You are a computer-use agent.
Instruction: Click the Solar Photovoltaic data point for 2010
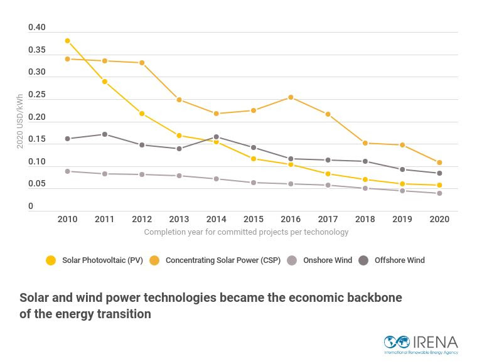click(x=67, y=41)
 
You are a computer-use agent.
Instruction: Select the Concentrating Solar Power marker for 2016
click(x=291, y=97)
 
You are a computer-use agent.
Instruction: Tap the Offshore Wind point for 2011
click(x=105, y=134)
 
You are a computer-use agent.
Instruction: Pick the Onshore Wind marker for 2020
click(x=439, y=193)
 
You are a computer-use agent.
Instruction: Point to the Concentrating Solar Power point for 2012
click(x=142, y=63)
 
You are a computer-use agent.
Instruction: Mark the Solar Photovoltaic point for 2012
click(x=142, y=114)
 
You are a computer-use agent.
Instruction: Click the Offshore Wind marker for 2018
click(x=365, y=161)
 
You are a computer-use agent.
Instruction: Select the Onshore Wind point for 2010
click(x=67, y=171)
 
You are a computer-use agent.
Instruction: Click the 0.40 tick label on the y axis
click(x=37, y=28)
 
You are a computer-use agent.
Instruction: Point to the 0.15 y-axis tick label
click(x=37, y=139)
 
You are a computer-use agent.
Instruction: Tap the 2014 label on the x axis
click(x=216, y=219)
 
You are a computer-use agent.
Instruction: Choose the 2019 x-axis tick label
click(x=402, y=219)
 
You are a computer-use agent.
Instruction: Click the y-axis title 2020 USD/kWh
click(x=20, y=121)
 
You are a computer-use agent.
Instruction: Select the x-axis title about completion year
click(x=246, y=232)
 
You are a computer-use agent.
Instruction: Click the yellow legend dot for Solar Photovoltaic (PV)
click(x=51, y=260)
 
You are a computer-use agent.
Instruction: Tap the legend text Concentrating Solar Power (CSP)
click(x=223, y=260)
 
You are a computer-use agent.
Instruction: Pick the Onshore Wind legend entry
click(x=327, y=260)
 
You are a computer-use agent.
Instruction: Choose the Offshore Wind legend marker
click(x=364, y=260)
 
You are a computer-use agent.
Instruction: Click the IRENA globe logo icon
click(x=397, y=342)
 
